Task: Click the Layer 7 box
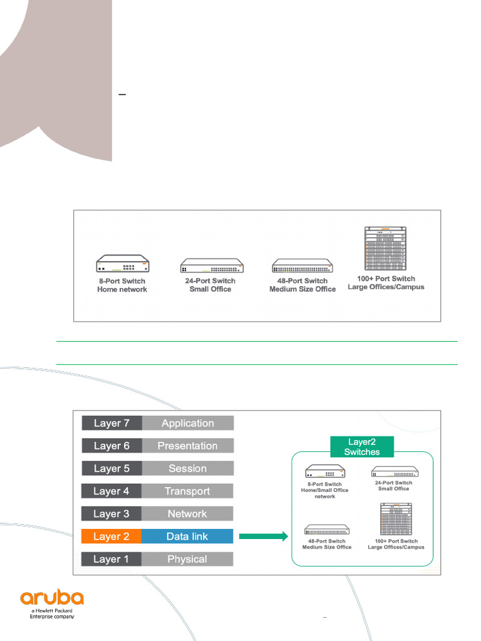pos(111,423)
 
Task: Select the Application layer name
pos(188,423)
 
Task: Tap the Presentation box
pos(188,446)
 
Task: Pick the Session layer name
pos(188,468)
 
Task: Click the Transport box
pos(187,491)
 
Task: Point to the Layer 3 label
pos(111,514)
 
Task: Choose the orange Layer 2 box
pos(111,536)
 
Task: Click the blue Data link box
pos(187,536)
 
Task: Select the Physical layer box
pos(187,559)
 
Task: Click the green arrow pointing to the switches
pos(264,536)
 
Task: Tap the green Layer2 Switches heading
pos(362,447)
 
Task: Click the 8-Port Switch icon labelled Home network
pos(123,264)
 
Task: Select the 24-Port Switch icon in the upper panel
pos(212,265)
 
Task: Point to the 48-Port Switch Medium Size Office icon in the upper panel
pos(303,265)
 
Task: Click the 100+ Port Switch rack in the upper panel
pos(385,249)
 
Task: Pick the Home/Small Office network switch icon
pos(325,471)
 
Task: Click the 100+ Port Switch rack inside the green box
pos(396,519)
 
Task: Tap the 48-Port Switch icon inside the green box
pos(327,530)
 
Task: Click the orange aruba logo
pos(52,597)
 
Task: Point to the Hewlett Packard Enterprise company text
pos(52,613)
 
